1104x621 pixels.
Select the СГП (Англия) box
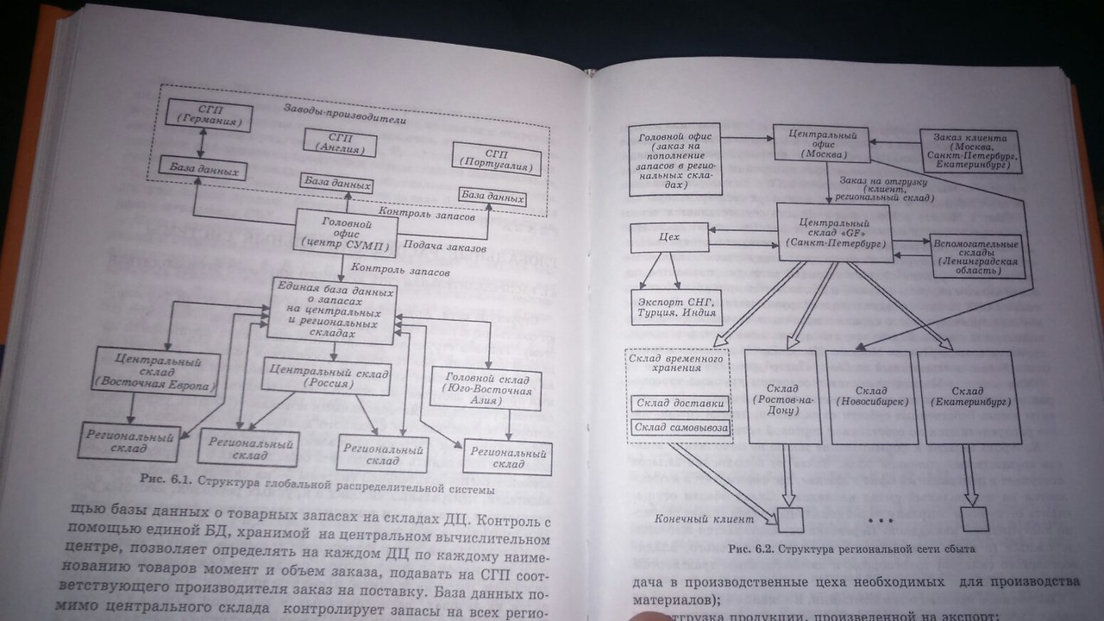[340, 143]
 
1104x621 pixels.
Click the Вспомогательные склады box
[975, 255]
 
